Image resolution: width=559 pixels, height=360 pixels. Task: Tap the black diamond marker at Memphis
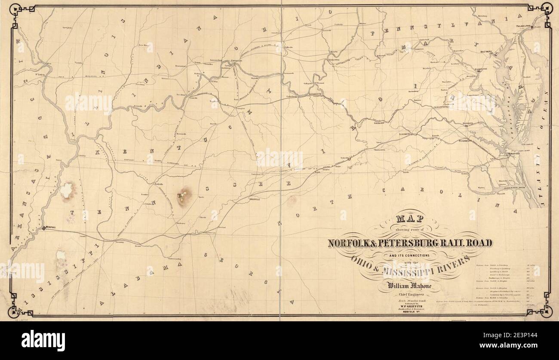(43, 228)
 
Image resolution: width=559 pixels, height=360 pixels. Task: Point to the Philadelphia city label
(524, 26)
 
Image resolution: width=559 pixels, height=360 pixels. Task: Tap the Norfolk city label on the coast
(514, 153)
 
